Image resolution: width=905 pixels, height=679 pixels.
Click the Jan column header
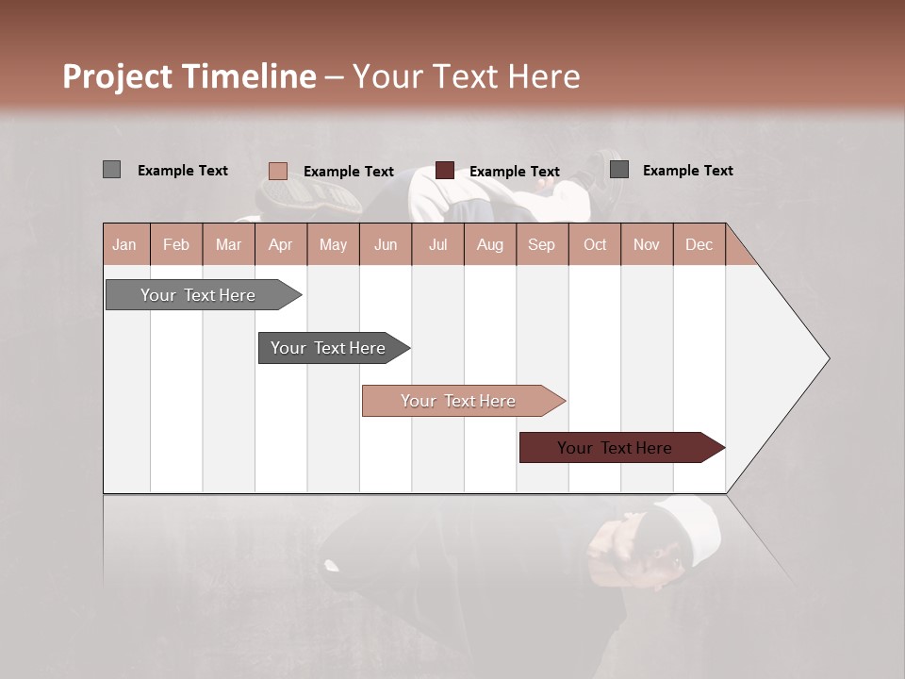125,244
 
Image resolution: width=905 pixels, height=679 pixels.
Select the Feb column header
176,244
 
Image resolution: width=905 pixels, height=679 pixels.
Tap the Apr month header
281,244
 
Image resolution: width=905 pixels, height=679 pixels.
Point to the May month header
333,244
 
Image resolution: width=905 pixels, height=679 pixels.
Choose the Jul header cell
437,244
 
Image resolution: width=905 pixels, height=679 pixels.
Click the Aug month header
490,244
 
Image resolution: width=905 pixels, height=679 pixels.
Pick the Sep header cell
542,244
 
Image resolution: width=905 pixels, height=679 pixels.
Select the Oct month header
595,244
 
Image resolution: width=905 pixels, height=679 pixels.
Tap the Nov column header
647,244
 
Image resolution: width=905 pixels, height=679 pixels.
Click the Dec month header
699,244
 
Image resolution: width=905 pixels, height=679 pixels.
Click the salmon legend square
277,171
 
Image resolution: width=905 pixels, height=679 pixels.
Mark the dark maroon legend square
445,171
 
